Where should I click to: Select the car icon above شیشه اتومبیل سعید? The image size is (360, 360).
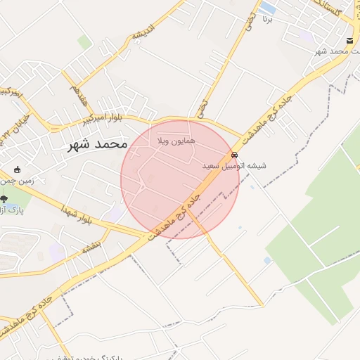pos(234,155)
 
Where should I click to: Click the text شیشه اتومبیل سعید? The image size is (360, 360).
pos(234,167)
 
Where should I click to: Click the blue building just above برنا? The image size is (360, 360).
pos(268,8)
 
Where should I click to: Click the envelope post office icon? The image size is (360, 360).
pos(350,41)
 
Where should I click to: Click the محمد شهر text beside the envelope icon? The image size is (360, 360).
pos(330,53)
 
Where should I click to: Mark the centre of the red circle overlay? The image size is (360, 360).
pos(180,179)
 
